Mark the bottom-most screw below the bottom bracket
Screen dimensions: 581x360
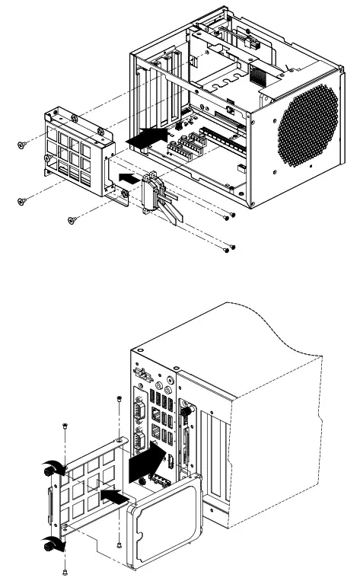66,570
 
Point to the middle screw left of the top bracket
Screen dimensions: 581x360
21,200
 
